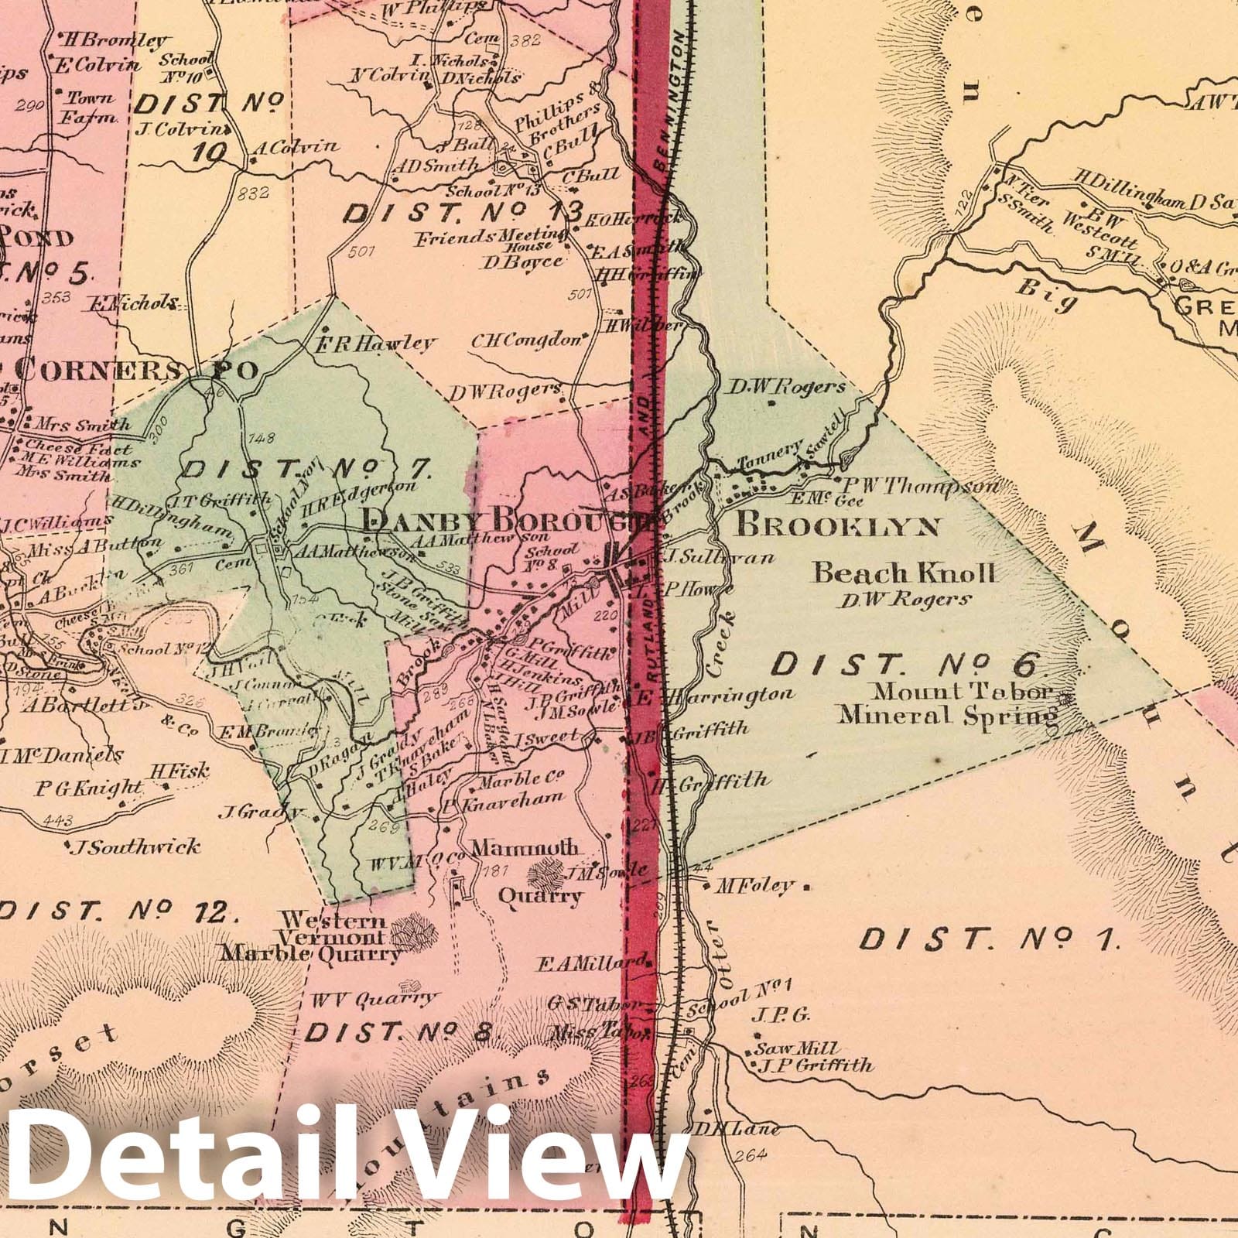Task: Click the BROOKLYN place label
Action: (x=838, y=526)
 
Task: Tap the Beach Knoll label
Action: (x=904, y=573)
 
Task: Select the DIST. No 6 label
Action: (x=911, y=664)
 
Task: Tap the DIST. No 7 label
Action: (x=307, y=469)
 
